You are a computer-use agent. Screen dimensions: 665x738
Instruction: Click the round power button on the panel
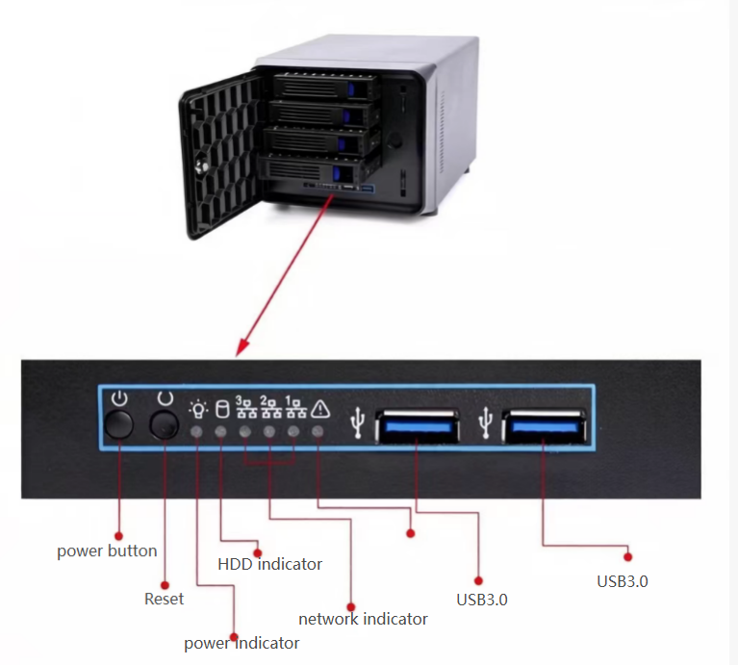pyautogui.click(x=118, y=424)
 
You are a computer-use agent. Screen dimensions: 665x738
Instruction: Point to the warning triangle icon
pyautogui.click(x=320, y=408)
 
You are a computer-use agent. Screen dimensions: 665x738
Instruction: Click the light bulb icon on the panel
pyautogui.click(x=197, y=408)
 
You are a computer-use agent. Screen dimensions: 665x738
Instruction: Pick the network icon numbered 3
pyautogui.click(x=244, y=407)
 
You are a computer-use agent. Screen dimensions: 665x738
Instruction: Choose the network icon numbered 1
pyautogui.click(x=294, y=407)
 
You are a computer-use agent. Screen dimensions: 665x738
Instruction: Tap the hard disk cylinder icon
pyautogui.click(x=220, y=408)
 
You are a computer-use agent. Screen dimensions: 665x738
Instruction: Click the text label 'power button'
pyautogui.click(x=107, y=551)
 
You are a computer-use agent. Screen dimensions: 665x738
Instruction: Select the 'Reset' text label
pyautogui.click(x=164, y=599)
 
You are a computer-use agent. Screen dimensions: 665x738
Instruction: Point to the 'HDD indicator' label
pyautogui.click(x=269, y=564)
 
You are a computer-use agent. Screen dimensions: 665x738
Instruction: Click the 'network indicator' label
pyautogui.click(x=363, y=619)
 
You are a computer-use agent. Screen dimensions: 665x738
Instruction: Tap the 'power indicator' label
pyautogui.click(x=242, y=643)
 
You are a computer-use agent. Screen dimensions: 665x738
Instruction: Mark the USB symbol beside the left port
pyautogui.click(x=359, y=421)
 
